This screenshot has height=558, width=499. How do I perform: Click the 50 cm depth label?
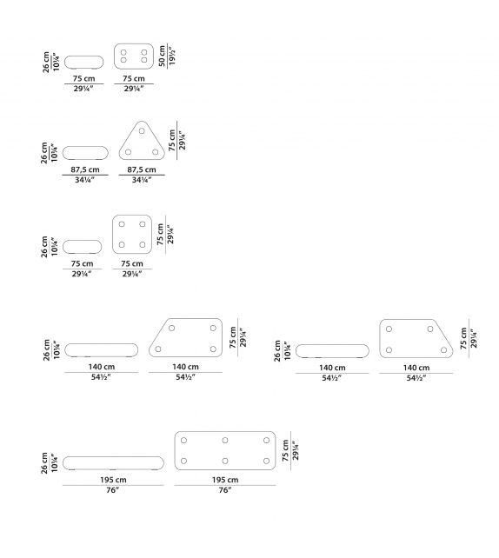click(162, 56)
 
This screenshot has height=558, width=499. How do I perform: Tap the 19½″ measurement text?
click(172, 56)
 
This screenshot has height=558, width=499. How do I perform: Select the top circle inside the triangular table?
click(142, 131)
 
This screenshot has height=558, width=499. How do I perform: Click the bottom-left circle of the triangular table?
click(128, 152)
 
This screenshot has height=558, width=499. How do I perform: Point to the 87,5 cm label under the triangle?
click(142, 169)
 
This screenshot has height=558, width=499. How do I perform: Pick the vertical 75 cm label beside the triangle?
click(172, 140)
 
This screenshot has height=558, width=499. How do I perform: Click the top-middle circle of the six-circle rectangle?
click(225, 441)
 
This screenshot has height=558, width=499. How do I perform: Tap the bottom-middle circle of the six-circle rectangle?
click(225, 462)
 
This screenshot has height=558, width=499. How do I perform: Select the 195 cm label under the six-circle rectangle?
click(225, 480)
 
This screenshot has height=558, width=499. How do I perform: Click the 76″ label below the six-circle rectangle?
click(225, 490)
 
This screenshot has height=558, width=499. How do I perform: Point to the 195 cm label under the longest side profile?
click(113, 480)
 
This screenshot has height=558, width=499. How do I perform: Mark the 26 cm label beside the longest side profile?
click(44, 463)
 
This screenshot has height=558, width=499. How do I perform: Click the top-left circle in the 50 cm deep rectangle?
click(123, 52)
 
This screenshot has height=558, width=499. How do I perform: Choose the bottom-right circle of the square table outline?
click(143, 245)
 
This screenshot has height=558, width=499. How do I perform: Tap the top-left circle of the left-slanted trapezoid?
click(171, 329)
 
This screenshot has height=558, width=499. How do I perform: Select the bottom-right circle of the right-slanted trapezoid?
click(443, 350)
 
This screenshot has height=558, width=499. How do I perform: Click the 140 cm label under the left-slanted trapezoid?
click(185, 367)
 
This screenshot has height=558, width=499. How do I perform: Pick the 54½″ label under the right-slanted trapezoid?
click(416, 378)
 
